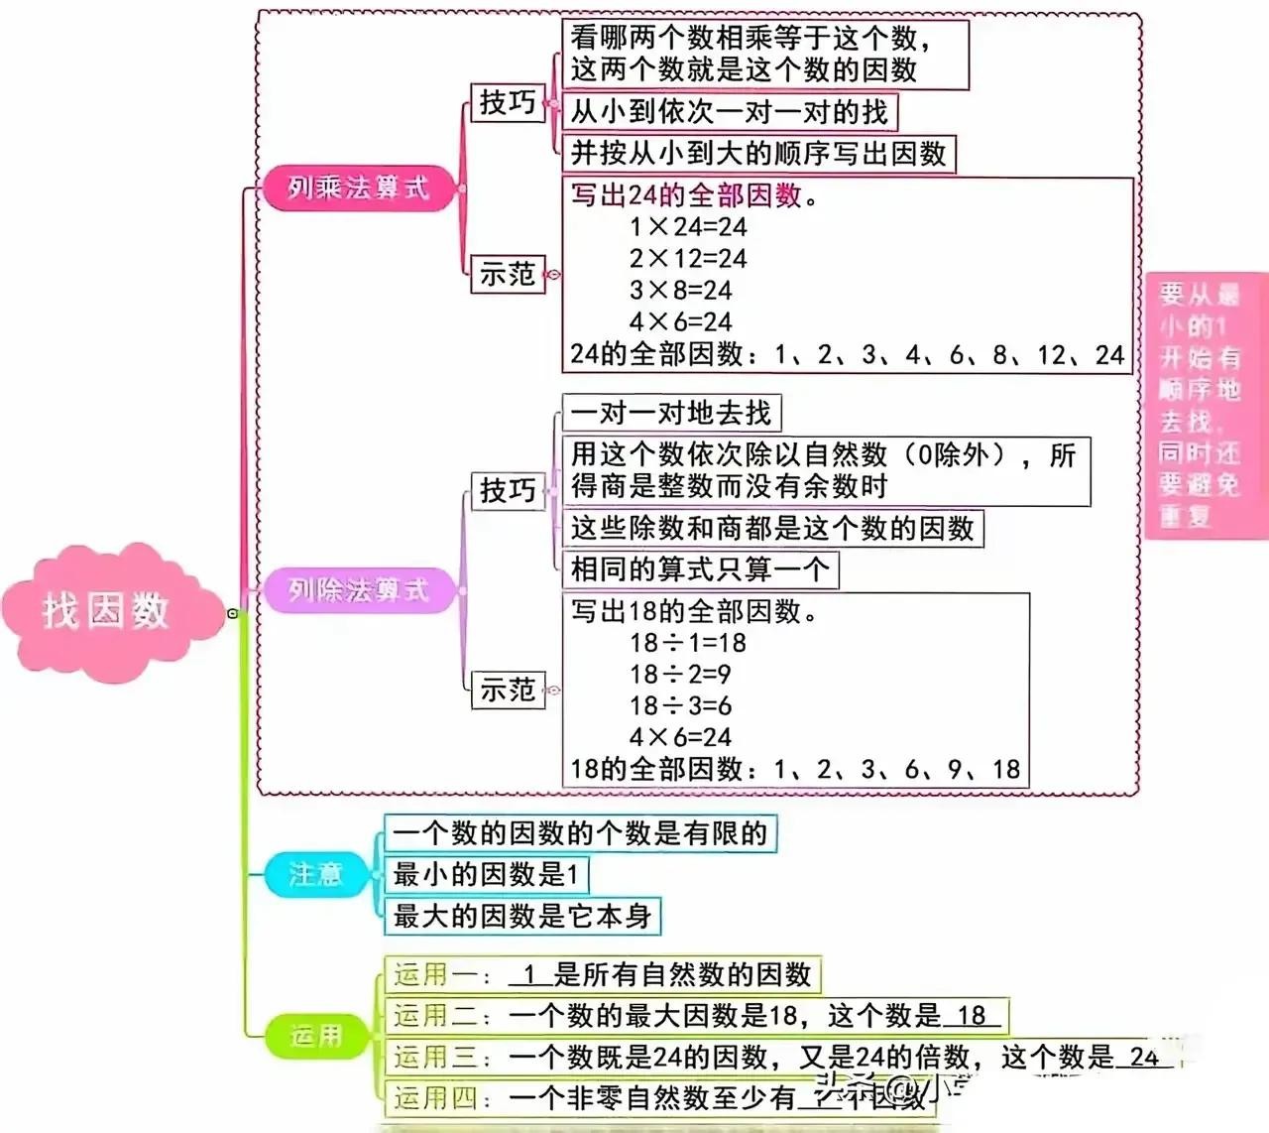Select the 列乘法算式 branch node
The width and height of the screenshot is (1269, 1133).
tap(358, 188)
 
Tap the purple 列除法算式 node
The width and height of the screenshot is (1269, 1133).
tap(358, 590)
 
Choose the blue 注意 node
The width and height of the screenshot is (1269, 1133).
tap(315, 874)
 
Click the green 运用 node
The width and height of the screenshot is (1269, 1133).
tap(315, 1036)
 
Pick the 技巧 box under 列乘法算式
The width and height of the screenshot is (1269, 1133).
tap(508, 102)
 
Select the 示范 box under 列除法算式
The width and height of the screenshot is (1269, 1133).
tap(508, 690)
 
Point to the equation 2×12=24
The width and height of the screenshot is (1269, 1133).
tap(688, 259)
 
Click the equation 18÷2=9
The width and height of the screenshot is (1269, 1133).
tap(680, 675)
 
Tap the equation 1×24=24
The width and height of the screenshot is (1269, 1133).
tap(688, 227)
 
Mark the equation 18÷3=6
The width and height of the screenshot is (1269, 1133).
tap(680, 706)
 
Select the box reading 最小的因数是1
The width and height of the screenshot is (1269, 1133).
tap(486, 874)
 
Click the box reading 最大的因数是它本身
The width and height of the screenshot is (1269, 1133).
tap(521, 916)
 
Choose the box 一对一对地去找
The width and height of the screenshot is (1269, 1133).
tap(671, 413)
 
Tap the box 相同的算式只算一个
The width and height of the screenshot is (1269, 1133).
tap(700, 569)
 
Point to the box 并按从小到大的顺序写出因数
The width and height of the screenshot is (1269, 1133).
tap(758, 154)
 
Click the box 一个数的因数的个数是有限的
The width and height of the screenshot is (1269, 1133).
tap(580, 833)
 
